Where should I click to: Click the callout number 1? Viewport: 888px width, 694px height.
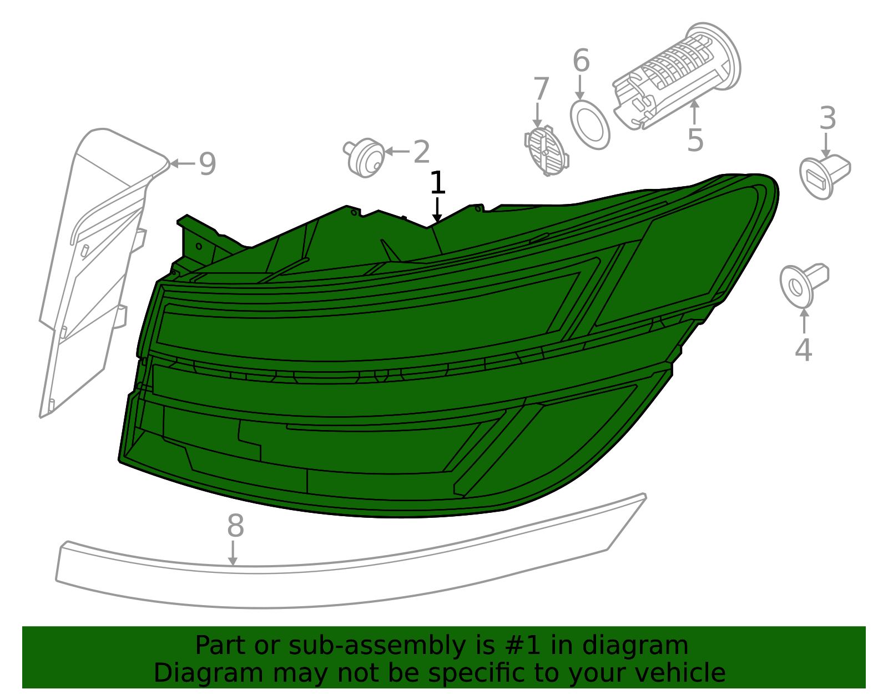click(x=437, y=183)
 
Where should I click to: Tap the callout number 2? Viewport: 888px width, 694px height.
click(x=422, y=152)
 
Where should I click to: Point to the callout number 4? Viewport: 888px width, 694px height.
click(x=804, y=350)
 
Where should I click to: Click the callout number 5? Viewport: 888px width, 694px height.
click(x=695, y=140)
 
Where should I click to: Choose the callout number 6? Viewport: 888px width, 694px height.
click(x=581, y=60)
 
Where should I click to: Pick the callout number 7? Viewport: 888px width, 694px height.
click(x=542, y=88)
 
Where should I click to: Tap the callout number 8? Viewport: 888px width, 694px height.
click(x=235, y=526)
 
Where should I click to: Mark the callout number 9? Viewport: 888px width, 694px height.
click(x=207, y=163)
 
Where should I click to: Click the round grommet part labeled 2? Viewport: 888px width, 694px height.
click(x=365, y=157)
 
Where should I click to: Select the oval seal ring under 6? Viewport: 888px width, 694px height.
click(x=590, y=124)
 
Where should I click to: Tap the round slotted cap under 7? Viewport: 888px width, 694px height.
click(x=546, y=151)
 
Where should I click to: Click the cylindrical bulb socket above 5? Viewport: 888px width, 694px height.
click(x=677, y=77)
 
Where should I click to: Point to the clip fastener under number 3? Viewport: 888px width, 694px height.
click(x=825, y=177)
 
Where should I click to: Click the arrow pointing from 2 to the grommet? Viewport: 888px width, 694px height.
click(x=397, y=152)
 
